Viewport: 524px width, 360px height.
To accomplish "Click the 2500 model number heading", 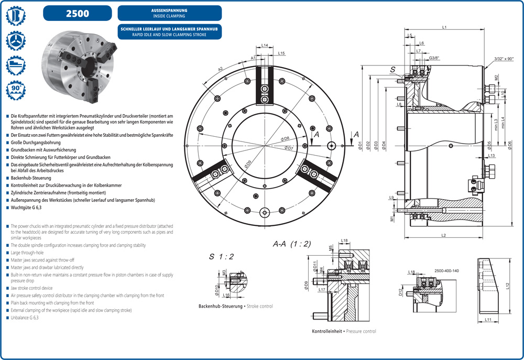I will pyautogui.click(x=77, y=13).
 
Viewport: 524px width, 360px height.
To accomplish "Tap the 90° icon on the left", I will pyautogui.click(x=15, y=91).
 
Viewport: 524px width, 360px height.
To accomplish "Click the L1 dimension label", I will pyautogui.click(x=444, y=27).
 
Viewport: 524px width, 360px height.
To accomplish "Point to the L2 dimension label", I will pyautogui.click(x=443, y=235).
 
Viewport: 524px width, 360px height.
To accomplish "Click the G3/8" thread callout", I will pyautogui.click(x=433, y=58).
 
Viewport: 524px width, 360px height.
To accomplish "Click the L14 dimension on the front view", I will pyautogui.click(x=265, y=46).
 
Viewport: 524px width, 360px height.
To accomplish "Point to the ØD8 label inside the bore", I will pyautogui.click(x=286, y=138).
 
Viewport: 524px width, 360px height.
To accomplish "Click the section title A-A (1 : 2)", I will pyautogui.click(x=292, y=244).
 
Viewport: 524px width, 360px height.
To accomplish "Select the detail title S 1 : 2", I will pyautogui.click(x=221, y=256).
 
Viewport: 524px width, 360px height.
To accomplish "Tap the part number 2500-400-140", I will pyautogui.click(x=446, y=270).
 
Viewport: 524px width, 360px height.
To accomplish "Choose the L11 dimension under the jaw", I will pyautogui.click(x=488, y=319).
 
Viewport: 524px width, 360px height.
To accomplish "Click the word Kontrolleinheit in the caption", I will pyautogui.click(x=327, y=331).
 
